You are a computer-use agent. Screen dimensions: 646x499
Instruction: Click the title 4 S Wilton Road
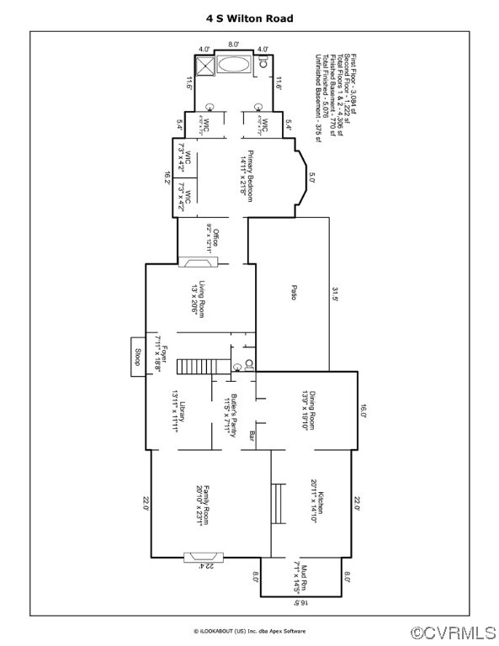pyautogui.click(x=250, y=16)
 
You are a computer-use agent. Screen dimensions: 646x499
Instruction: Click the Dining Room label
pyautogui.click(x=309, y=410)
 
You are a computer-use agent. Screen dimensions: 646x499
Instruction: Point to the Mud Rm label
pyautogui.click(x=305, y=578)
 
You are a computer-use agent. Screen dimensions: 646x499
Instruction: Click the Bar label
pyautogui.click(x=252, y=436)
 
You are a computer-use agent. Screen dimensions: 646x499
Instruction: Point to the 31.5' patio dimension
pyautogui.click(x=334, y=294)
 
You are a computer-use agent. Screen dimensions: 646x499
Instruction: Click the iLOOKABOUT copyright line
pyautogui.click(x=249, y=631)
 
